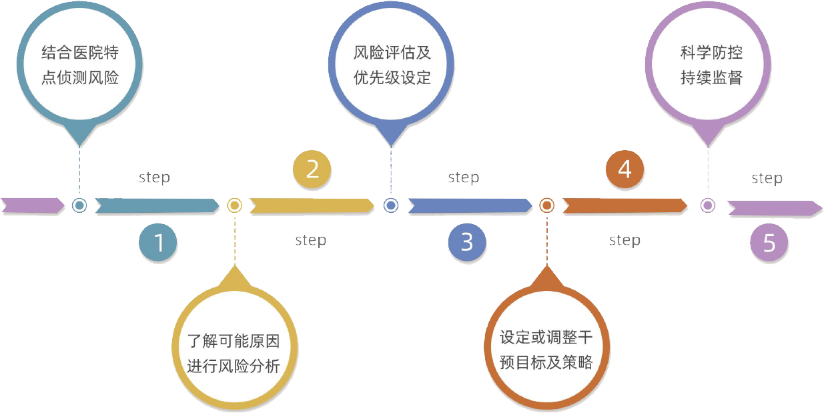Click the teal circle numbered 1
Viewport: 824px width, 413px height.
coord(158,242)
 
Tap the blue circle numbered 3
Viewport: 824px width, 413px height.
coord(466,242)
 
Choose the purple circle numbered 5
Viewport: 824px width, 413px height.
coord(769,243)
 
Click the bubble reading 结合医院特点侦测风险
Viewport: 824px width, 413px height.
coord(80,65)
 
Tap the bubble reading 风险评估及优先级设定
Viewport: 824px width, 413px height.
coord(392,65)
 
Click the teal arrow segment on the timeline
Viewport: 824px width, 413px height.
coord(157,205)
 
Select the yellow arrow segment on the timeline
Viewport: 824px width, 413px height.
coord(312,205)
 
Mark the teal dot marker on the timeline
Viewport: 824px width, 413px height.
coord(79,205)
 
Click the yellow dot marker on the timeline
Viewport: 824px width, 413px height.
coord(234,205)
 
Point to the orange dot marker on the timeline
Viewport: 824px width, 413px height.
coord(546,205)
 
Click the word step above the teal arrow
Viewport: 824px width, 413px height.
coord(154,177)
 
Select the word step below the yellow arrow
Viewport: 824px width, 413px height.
coord(310,240)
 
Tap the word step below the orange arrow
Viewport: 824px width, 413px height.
coord(625,240)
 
